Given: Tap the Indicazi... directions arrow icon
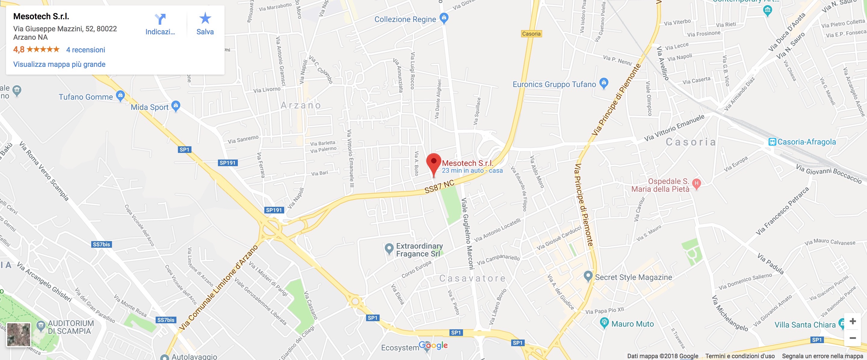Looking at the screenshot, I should point(160,19).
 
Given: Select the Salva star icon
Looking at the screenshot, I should point(205,18).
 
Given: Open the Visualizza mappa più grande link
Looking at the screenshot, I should point(59,64).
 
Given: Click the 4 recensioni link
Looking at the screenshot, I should point(85,50).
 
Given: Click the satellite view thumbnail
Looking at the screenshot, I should point(18,334).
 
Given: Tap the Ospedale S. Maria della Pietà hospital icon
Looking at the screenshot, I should point(696,183).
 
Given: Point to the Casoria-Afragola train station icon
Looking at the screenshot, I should point(772,142).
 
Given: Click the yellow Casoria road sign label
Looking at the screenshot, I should point(531,34).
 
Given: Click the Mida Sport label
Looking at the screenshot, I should point(149,107).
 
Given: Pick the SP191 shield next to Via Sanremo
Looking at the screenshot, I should point(228,163).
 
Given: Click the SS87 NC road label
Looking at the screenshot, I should point(439,186).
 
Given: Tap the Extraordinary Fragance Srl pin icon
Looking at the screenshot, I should point(389,249).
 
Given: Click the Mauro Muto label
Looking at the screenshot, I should point(632,324).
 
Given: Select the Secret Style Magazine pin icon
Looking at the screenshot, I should point(588,276).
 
